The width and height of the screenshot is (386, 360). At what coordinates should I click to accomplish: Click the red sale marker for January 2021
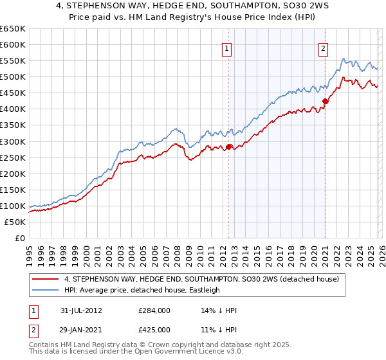pos(326,101)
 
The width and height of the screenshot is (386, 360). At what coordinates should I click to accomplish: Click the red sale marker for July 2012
pos(228,147)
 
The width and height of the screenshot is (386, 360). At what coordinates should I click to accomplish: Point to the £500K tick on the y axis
pos(13,77)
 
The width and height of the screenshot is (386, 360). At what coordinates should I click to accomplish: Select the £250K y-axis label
pos(13,157)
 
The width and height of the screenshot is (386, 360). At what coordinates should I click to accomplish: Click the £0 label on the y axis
pos(19,238)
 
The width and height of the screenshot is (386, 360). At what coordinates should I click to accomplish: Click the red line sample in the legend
pos(46,279)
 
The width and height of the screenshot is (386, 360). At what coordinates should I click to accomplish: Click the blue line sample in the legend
pos(46,290)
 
